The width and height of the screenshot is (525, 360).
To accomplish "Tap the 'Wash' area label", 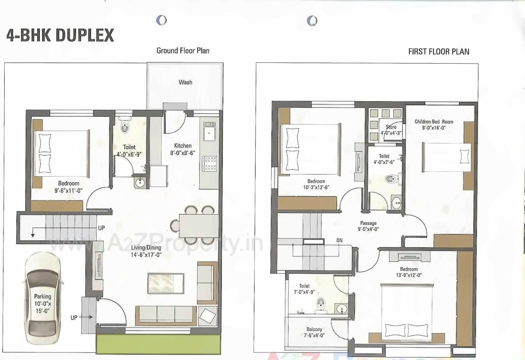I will click(185, 82).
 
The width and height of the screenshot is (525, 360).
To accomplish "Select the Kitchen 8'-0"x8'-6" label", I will click(183, 149).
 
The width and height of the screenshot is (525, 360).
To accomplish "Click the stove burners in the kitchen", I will click(209, 164).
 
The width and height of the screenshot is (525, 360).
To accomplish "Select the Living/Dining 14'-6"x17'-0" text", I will click(146, 251).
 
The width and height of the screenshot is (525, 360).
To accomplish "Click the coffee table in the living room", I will click(166, 283).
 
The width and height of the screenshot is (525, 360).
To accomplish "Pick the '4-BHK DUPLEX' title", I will click(60, 35).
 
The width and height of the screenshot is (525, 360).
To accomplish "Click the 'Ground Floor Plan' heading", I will click(183, 50).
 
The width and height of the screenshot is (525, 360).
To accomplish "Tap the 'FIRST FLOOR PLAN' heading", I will click(439, 52).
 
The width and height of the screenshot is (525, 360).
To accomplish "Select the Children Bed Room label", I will click(434, 124).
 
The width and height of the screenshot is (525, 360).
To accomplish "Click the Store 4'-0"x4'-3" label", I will click(391, 130).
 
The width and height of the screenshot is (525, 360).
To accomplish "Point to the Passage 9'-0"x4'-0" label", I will click(368, 226).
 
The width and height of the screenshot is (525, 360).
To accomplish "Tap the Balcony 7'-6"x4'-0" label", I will click(314, 332).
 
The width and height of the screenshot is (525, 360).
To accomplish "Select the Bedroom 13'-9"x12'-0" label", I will click(409, 272).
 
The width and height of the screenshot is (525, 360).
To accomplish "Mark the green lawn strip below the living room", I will click(158, 344).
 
